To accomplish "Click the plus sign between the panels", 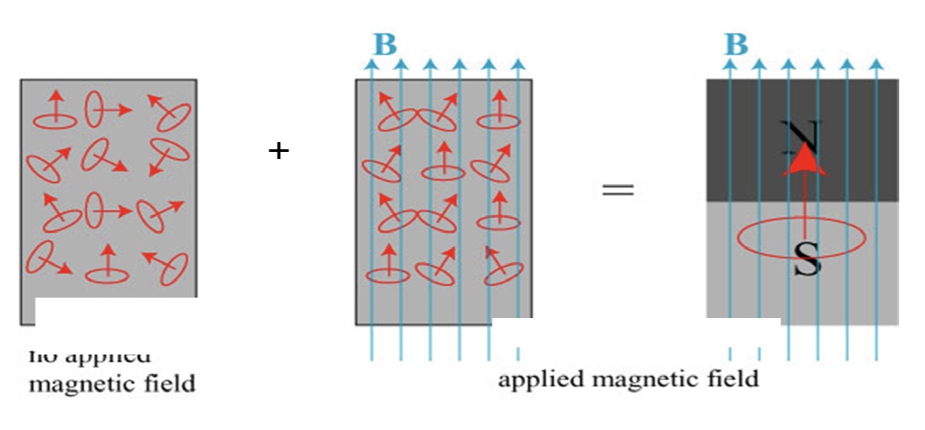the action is tap(278, 151).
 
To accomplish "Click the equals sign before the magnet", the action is tap(617, 189).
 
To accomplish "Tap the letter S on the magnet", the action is tap(805, 259).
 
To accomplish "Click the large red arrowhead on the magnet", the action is tap(803, 160).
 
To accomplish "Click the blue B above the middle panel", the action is tap(384, 45).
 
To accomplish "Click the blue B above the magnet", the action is tap(735, 44).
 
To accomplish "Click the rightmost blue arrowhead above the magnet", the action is tap(877, 66).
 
